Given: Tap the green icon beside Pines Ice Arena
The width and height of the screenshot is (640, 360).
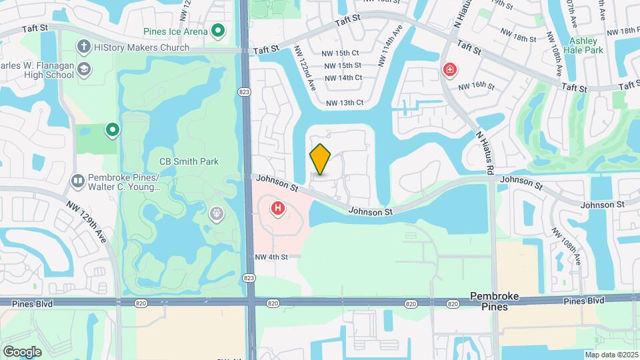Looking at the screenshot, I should pos(217,31).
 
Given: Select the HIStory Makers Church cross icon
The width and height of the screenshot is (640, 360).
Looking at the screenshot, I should pos(83,47).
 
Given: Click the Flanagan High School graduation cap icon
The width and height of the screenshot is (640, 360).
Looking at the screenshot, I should pos(84,69).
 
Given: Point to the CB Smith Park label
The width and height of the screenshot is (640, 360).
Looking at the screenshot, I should pos(189,161).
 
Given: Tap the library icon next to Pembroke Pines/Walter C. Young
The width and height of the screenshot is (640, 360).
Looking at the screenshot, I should pos(78,181).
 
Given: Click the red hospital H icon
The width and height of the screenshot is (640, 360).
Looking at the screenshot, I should pos(277,209).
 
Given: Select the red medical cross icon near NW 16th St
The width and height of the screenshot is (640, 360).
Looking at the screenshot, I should pos(451,69).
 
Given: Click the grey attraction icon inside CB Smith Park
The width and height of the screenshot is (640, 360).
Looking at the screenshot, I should pos(215,214).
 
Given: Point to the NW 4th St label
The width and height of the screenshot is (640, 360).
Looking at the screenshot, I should pos(271,257).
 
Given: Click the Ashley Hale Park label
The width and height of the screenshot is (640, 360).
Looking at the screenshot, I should pos(583,45).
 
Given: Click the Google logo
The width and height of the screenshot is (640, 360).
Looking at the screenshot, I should pos(22,351).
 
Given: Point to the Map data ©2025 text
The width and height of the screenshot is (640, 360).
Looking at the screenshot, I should pos(611,355).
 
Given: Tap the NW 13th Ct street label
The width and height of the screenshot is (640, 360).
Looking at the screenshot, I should pos(345,103).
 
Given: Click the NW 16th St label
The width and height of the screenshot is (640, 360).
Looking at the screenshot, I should pos(476,86).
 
